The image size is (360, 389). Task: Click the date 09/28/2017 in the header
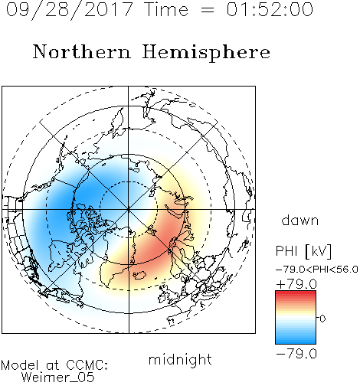click(x=70, y=10)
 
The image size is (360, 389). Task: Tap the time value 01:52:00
click(x=270, y=9)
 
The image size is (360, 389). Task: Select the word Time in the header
click(x=166, y=9)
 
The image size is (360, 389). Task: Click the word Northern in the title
click(x=82, y=51)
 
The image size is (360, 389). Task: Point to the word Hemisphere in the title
click(x=206, y=53)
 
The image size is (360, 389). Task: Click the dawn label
click(x=300, y=220)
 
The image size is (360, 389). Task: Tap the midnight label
click(x=180, y=359)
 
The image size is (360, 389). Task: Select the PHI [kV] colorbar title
click(x=303, y=251)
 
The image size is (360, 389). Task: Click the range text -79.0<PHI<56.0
click(x=317, y=270)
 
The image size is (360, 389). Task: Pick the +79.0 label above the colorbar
click(x=296, y=284)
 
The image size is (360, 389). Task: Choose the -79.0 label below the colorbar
click(x=296, y=354)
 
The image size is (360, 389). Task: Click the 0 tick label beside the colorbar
click(x=322, y=319)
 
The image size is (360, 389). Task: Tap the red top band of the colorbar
click(x=296, y=293)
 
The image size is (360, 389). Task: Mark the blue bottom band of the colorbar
click(x=296, y=341)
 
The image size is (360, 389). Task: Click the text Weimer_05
click(x=57, y=378)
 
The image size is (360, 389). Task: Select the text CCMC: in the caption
click(x=87, y=365)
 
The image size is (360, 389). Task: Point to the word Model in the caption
click(x=21, y=365)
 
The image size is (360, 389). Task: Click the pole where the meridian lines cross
click(x=129, y=209)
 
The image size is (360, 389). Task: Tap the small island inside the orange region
click(x=139, y=275)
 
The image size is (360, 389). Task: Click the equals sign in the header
click(x=208, y=10)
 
